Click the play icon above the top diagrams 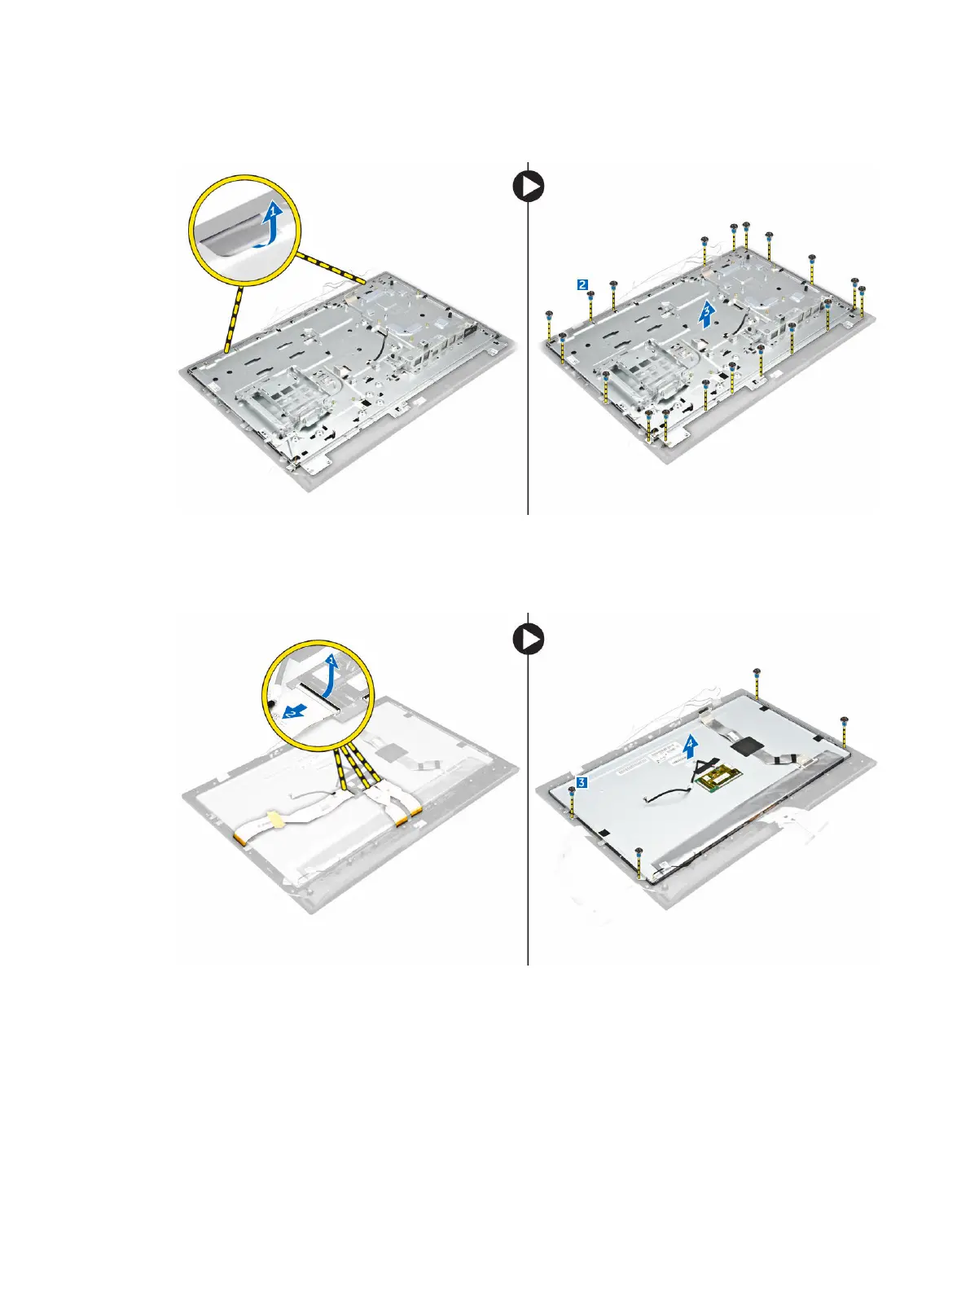point(529,187)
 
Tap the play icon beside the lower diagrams point(529,640)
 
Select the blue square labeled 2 point(582,284)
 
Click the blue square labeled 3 point(581,782)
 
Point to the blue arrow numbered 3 point(708,314)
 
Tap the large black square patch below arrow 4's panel point(745,745)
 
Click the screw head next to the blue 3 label point(572,790)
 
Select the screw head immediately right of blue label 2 point(592,295)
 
